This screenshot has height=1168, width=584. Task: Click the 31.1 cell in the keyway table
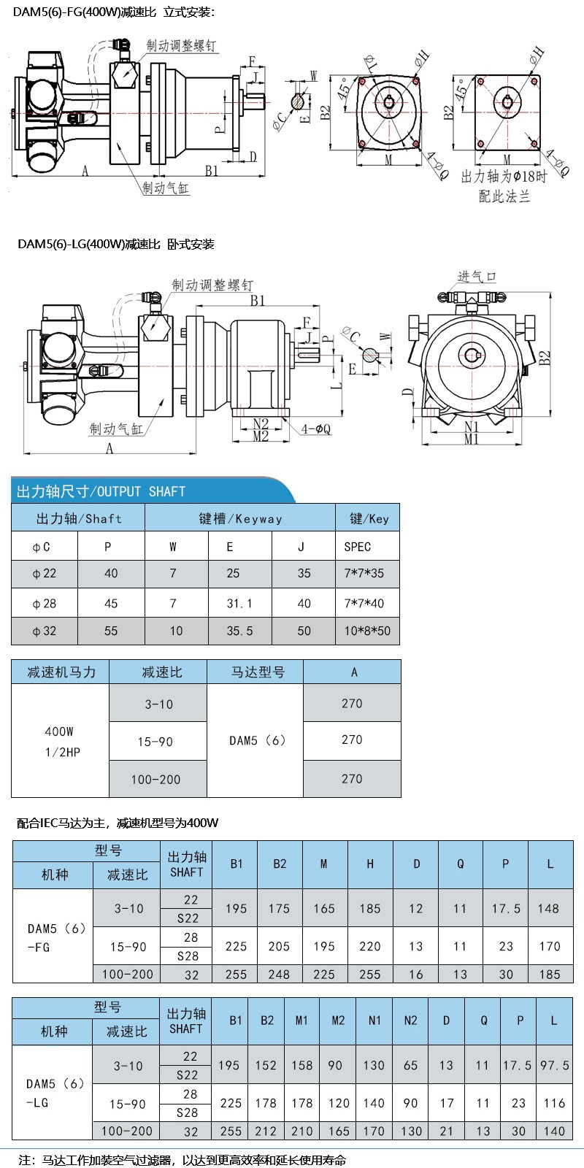click(239, 603)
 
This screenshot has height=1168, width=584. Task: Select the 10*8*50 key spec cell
click(367, 631)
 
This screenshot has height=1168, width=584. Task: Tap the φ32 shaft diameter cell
click(45, 631)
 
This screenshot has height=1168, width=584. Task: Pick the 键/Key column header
click(369, 518)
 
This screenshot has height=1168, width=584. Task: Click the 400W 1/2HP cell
click(59, 741)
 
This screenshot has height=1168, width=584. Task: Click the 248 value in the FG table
click(279, 974)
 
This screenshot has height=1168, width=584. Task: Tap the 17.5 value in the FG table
click(505, 909)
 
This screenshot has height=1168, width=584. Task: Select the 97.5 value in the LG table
click(554, 1066)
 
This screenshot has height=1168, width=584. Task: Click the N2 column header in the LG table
click(410, 1020)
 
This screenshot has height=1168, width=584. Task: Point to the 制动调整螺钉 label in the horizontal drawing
click(212, 284)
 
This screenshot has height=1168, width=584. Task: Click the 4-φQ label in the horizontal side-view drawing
click(315, 430)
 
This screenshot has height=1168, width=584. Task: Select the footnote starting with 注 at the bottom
click(182, 1159)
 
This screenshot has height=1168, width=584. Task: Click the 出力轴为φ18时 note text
click(503, 178)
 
